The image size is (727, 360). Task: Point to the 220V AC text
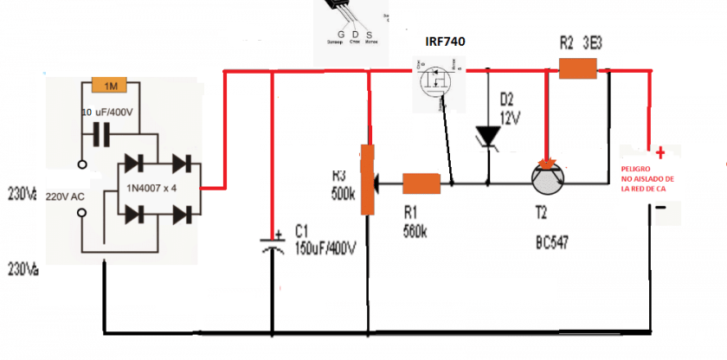click(x=65, y=196)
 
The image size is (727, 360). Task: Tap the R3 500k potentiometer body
click(x=368, y=181)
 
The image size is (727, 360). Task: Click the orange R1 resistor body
click(x=422, y=183)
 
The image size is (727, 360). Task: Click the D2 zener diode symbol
click(x=488, y=136)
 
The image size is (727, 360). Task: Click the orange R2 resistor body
click(x=577, y=69)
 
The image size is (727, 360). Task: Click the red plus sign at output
click(x=661, y=153)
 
